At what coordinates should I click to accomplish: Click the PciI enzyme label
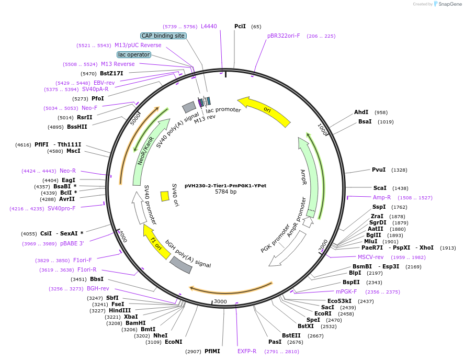click(240, 26)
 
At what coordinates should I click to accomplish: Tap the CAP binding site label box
click(163, 36)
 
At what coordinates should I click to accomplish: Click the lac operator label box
click(134, 54)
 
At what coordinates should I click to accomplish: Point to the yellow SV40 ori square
click(165, 196)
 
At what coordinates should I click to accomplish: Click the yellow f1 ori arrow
click(156, 241)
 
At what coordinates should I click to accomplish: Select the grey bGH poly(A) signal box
click(180, 265)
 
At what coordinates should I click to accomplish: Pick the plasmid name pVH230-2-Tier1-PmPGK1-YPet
click(225, 185)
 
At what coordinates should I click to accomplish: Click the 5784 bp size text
click(225, 192)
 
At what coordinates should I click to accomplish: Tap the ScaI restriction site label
click(380, 188)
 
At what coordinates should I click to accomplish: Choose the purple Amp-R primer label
click(381, 197)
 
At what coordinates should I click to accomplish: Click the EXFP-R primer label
click(247, 351)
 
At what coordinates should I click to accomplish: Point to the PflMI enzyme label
click(212, 351)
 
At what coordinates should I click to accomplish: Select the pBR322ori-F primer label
click(284, 36)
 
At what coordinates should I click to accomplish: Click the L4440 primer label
click(209, 26)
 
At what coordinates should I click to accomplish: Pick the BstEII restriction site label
click(291, 335)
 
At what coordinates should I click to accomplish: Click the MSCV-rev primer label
click(370, 257)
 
